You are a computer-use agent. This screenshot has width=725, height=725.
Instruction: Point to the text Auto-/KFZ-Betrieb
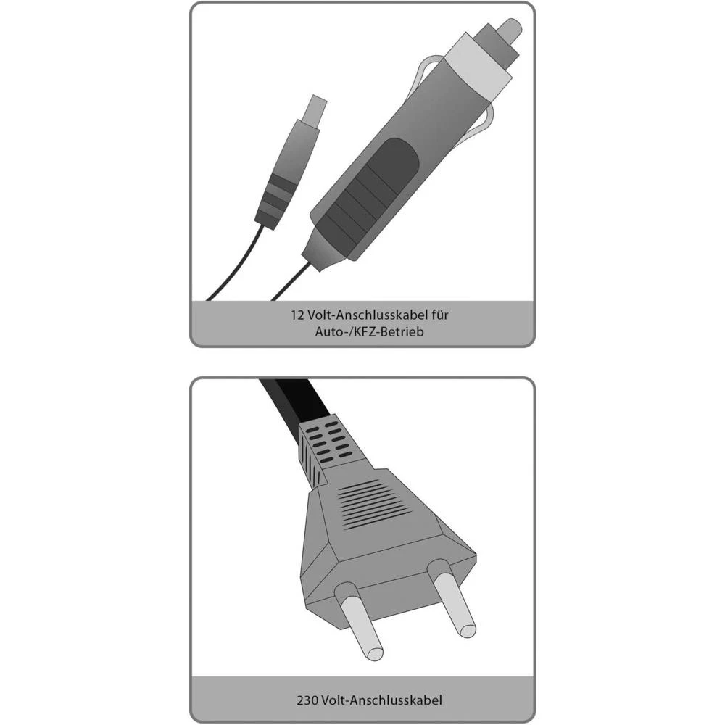(x=362, y=332)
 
